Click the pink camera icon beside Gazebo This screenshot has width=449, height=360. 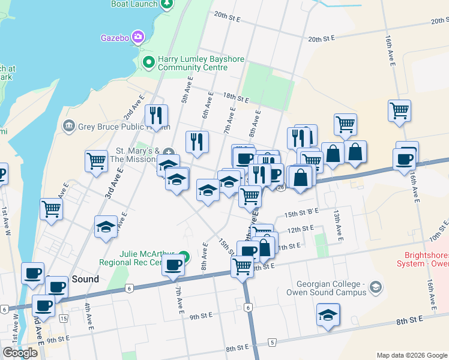tap(139, 37)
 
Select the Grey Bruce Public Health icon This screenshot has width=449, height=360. tap(68, 126)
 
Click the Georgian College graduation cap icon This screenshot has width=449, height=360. tap(376, 286)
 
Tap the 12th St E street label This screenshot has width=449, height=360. tap(301, 229)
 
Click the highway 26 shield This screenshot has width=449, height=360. tap(280, 187)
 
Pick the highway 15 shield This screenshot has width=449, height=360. tap(63, 318)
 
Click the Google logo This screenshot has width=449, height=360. tap(20, 353)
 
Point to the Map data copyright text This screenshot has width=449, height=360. tap(411, 355)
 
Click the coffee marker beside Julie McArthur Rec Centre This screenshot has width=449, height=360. tap(173, 264)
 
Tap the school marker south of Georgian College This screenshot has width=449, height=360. tap(328, 314)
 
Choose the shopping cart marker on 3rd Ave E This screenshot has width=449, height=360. tap(96, 161)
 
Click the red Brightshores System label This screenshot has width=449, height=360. tap(423, 259)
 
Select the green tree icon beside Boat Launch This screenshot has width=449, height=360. tap(167, 4)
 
